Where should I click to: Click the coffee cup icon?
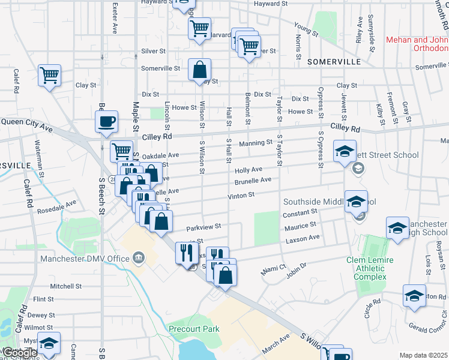tap(106, 122)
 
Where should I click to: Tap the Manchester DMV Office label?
tap(85, 259)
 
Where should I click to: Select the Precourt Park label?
tap(194, 329)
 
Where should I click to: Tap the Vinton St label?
tap(241, 195)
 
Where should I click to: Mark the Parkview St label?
tap(203, 227)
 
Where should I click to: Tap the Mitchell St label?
tap(61, 286)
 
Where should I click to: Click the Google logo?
tap(19, 353)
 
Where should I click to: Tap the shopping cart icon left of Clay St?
tap(49, 76)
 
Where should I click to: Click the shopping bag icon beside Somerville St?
tap(199, 70)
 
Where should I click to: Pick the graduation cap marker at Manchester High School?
tap(397, 229)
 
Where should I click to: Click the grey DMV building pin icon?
tap(139, 258)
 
